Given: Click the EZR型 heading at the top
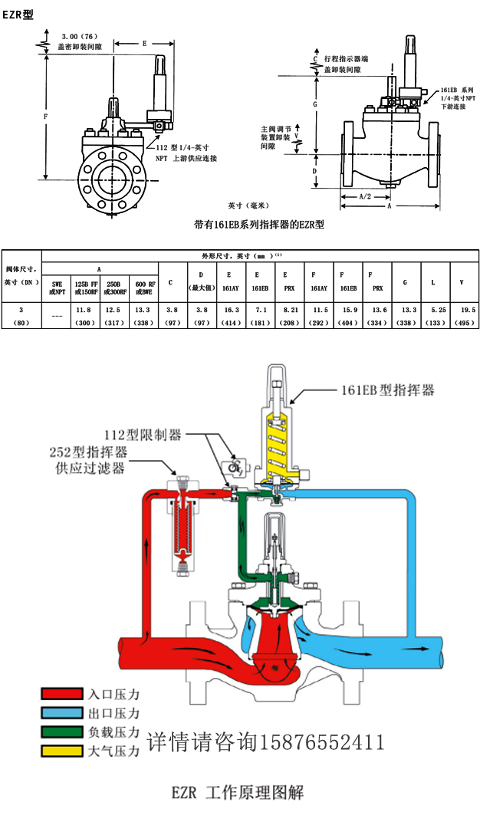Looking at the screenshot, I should [x=18, y=15].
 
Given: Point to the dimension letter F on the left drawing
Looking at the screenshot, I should [x=48, y=116].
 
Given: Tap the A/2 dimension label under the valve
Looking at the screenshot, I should [x=366, y=197].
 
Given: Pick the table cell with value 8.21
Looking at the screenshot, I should [x=288, y=310].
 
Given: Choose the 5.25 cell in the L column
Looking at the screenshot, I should [x=433, y=310].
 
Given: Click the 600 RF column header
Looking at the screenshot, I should [x=143, y=287].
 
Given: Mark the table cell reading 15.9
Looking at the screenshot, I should [x=348, y=310].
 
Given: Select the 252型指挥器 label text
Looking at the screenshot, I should [x=89, y=452].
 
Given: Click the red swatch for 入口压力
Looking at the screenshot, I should [x=61, y=693].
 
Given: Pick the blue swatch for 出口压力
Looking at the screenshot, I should [x=61, y=712].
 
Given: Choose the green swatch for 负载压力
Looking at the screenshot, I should [x=61, y=732].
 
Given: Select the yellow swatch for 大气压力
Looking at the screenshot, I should [x=61, y=751].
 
